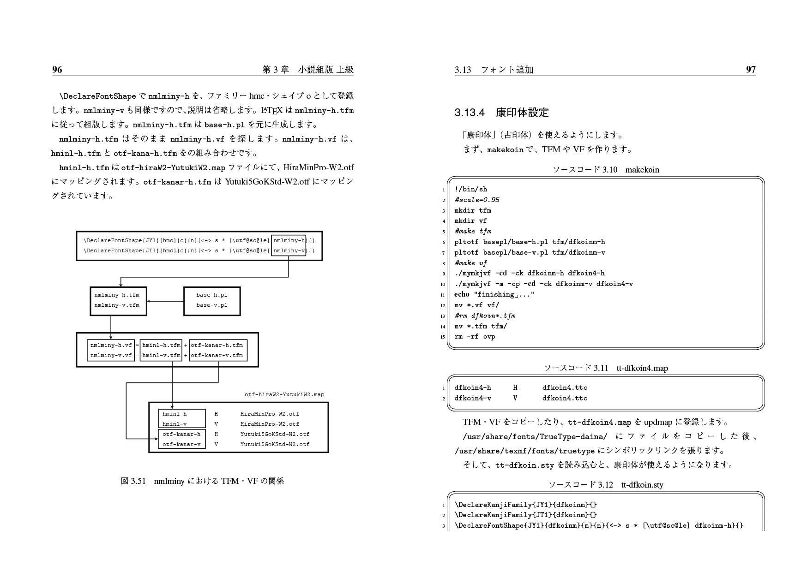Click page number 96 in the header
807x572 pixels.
(x=57, y=70)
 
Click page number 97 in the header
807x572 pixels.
(x=751, y=70)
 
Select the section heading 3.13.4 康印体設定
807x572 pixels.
(x=501, y=113)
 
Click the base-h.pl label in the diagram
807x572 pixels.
(x=211, y=295)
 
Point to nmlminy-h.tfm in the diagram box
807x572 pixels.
(x=117, y=295)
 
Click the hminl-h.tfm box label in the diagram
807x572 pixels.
(x=161, y=345)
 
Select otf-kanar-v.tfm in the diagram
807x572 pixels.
(x=217, y=355)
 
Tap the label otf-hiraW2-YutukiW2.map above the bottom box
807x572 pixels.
(x=284, y=394)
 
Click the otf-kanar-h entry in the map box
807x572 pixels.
(x=181, y=434)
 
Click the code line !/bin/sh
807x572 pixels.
(x=470, y=189)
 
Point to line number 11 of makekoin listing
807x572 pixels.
(x=442, y=295)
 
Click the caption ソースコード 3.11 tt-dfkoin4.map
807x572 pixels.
(x=605, y=368)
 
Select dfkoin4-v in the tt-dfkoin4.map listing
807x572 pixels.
(x=472, y=398)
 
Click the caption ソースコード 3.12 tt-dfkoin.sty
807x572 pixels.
(x=605, y=485)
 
